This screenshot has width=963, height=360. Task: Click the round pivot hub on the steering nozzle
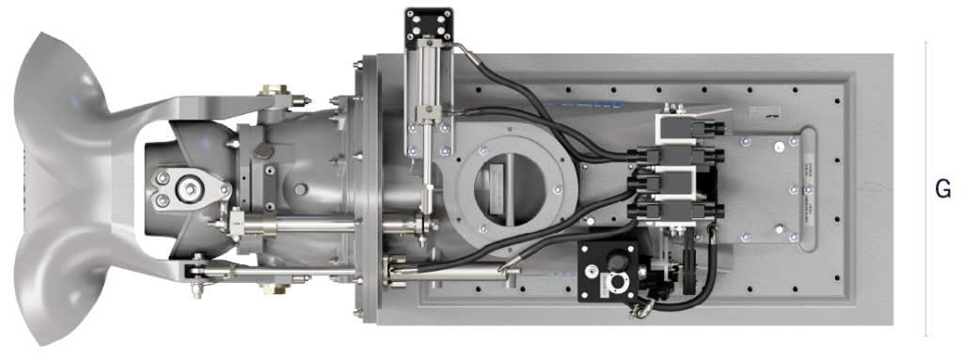pyautogui.click(x=194, y=187)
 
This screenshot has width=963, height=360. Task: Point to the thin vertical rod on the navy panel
pyautogui.click(x=942, y=202)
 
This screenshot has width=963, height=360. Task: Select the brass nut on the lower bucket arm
pyautogui.click(x=198, y=272)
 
